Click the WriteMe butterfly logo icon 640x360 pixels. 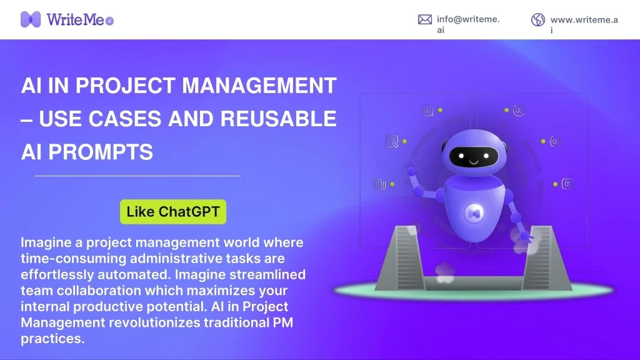(31, 19)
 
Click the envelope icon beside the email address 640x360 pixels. (425, 19)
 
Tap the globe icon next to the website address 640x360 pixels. (538, 19)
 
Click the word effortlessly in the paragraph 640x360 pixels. (51, 274)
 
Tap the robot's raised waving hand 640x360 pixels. (411, 169)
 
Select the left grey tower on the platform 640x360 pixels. (407, 256)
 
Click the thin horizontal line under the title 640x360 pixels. (137, 176)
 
